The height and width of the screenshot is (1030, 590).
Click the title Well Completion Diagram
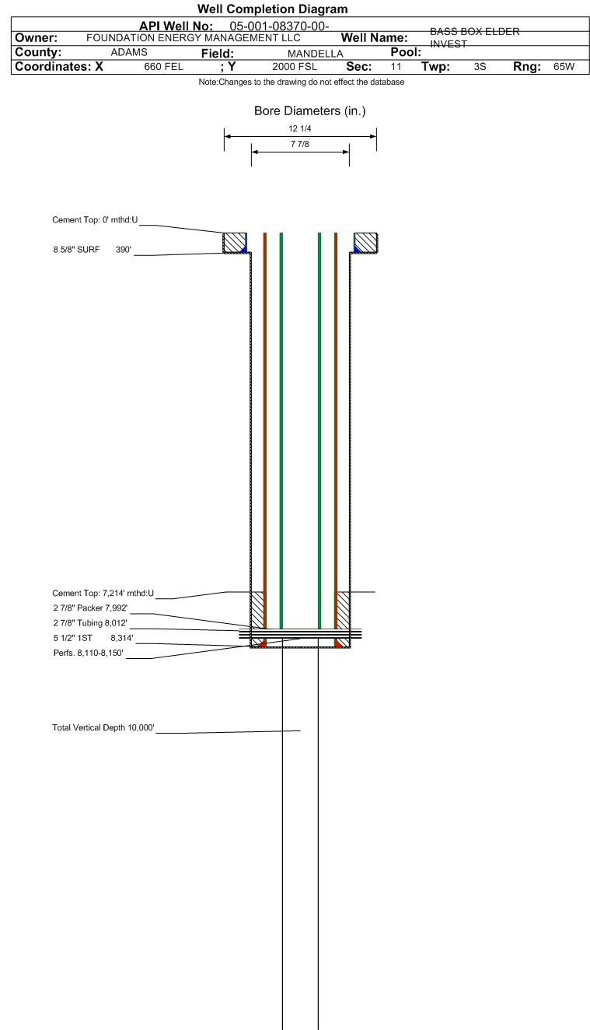point(273,9)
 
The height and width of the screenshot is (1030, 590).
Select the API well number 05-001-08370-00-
point(279,26)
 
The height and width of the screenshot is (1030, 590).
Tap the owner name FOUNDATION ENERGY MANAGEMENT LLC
point(194,37)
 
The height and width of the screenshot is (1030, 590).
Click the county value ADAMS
point(129,52)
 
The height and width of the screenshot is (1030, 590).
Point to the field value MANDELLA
point(316,54)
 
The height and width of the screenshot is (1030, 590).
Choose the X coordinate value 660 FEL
point(163,67)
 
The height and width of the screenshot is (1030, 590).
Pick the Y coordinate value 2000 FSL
point(295,67)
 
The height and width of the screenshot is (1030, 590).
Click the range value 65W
point(564,67)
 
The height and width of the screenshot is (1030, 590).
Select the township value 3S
point(480,67)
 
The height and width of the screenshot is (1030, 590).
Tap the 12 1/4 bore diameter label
point(299,129)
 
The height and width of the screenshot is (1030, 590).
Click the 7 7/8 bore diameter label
point(299,145)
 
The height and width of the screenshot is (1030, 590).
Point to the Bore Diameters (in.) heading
point(309,110)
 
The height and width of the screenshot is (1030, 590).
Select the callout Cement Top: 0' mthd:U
point(95,220)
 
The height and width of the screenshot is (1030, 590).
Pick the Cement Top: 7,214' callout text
point(103,593)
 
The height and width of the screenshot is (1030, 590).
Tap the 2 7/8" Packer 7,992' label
point(90,608)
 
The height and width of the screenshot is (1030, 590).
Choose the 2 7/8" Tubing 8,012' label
point(90,623)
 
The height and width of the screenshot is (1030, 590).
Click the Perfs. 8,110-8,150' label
point(88,653)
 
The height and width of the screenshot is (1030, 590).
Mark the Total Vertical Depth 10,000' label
point(103,727)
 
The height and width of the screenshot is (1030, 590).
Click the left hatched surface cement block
point(235,243)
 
